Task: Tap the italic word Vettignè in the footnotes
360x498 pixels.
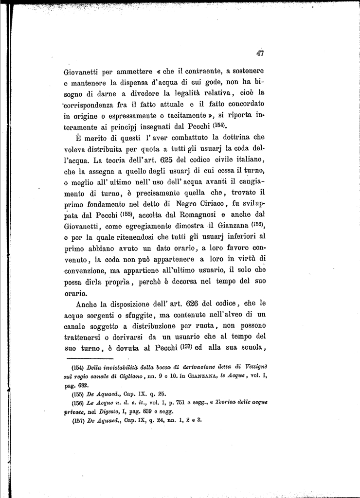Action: (253, 368)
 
